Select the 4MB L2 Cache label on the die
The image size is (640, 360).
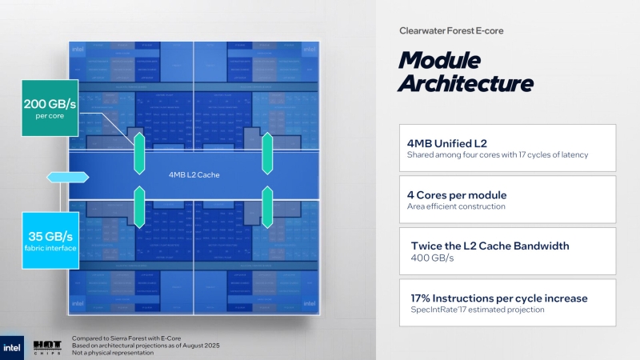click(x=194, y=174)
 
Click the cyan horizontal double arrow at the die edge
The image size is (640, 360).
click(x=58, y=176)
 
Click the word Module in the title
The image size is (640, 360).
click(x=440, y=60)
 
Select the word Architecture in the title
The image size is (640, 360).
click(x=466, y=83)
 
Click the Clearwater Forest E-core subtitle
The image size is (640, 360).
click(x=451, y=30)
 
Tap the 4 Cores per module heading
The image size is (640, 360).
click(x=457, y=194)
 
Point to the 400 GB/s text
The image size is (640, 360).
click(x=432, y=258)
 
